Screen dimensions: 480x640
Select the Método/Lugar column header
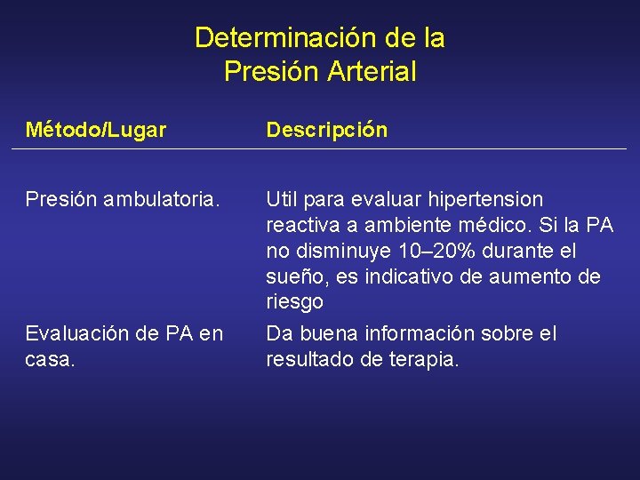coord(96,131)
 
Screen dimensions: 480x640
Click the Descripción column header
coord(327,131)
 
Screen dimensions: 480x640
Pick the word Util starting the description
coord(282,199)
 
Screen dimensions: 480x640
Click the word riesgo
coord(294,302)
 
